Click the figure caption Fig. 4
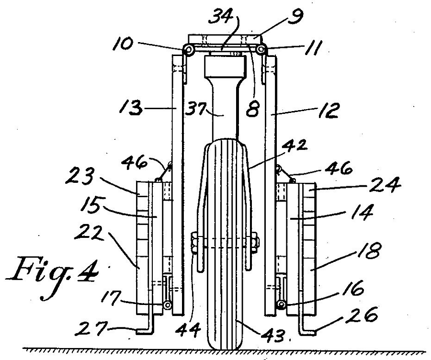52,278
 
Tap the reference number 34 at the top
220,17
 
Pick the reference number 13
131,107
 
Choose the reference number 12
329,110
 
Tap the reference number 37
195,109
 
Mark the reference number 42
296,146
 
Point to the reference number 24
385,184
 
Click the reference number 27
91,329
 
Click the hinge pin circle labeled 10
188,50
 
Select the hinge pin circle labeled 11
260,49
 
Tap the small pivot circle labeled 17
167,305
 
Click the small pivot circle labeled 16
280,304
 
